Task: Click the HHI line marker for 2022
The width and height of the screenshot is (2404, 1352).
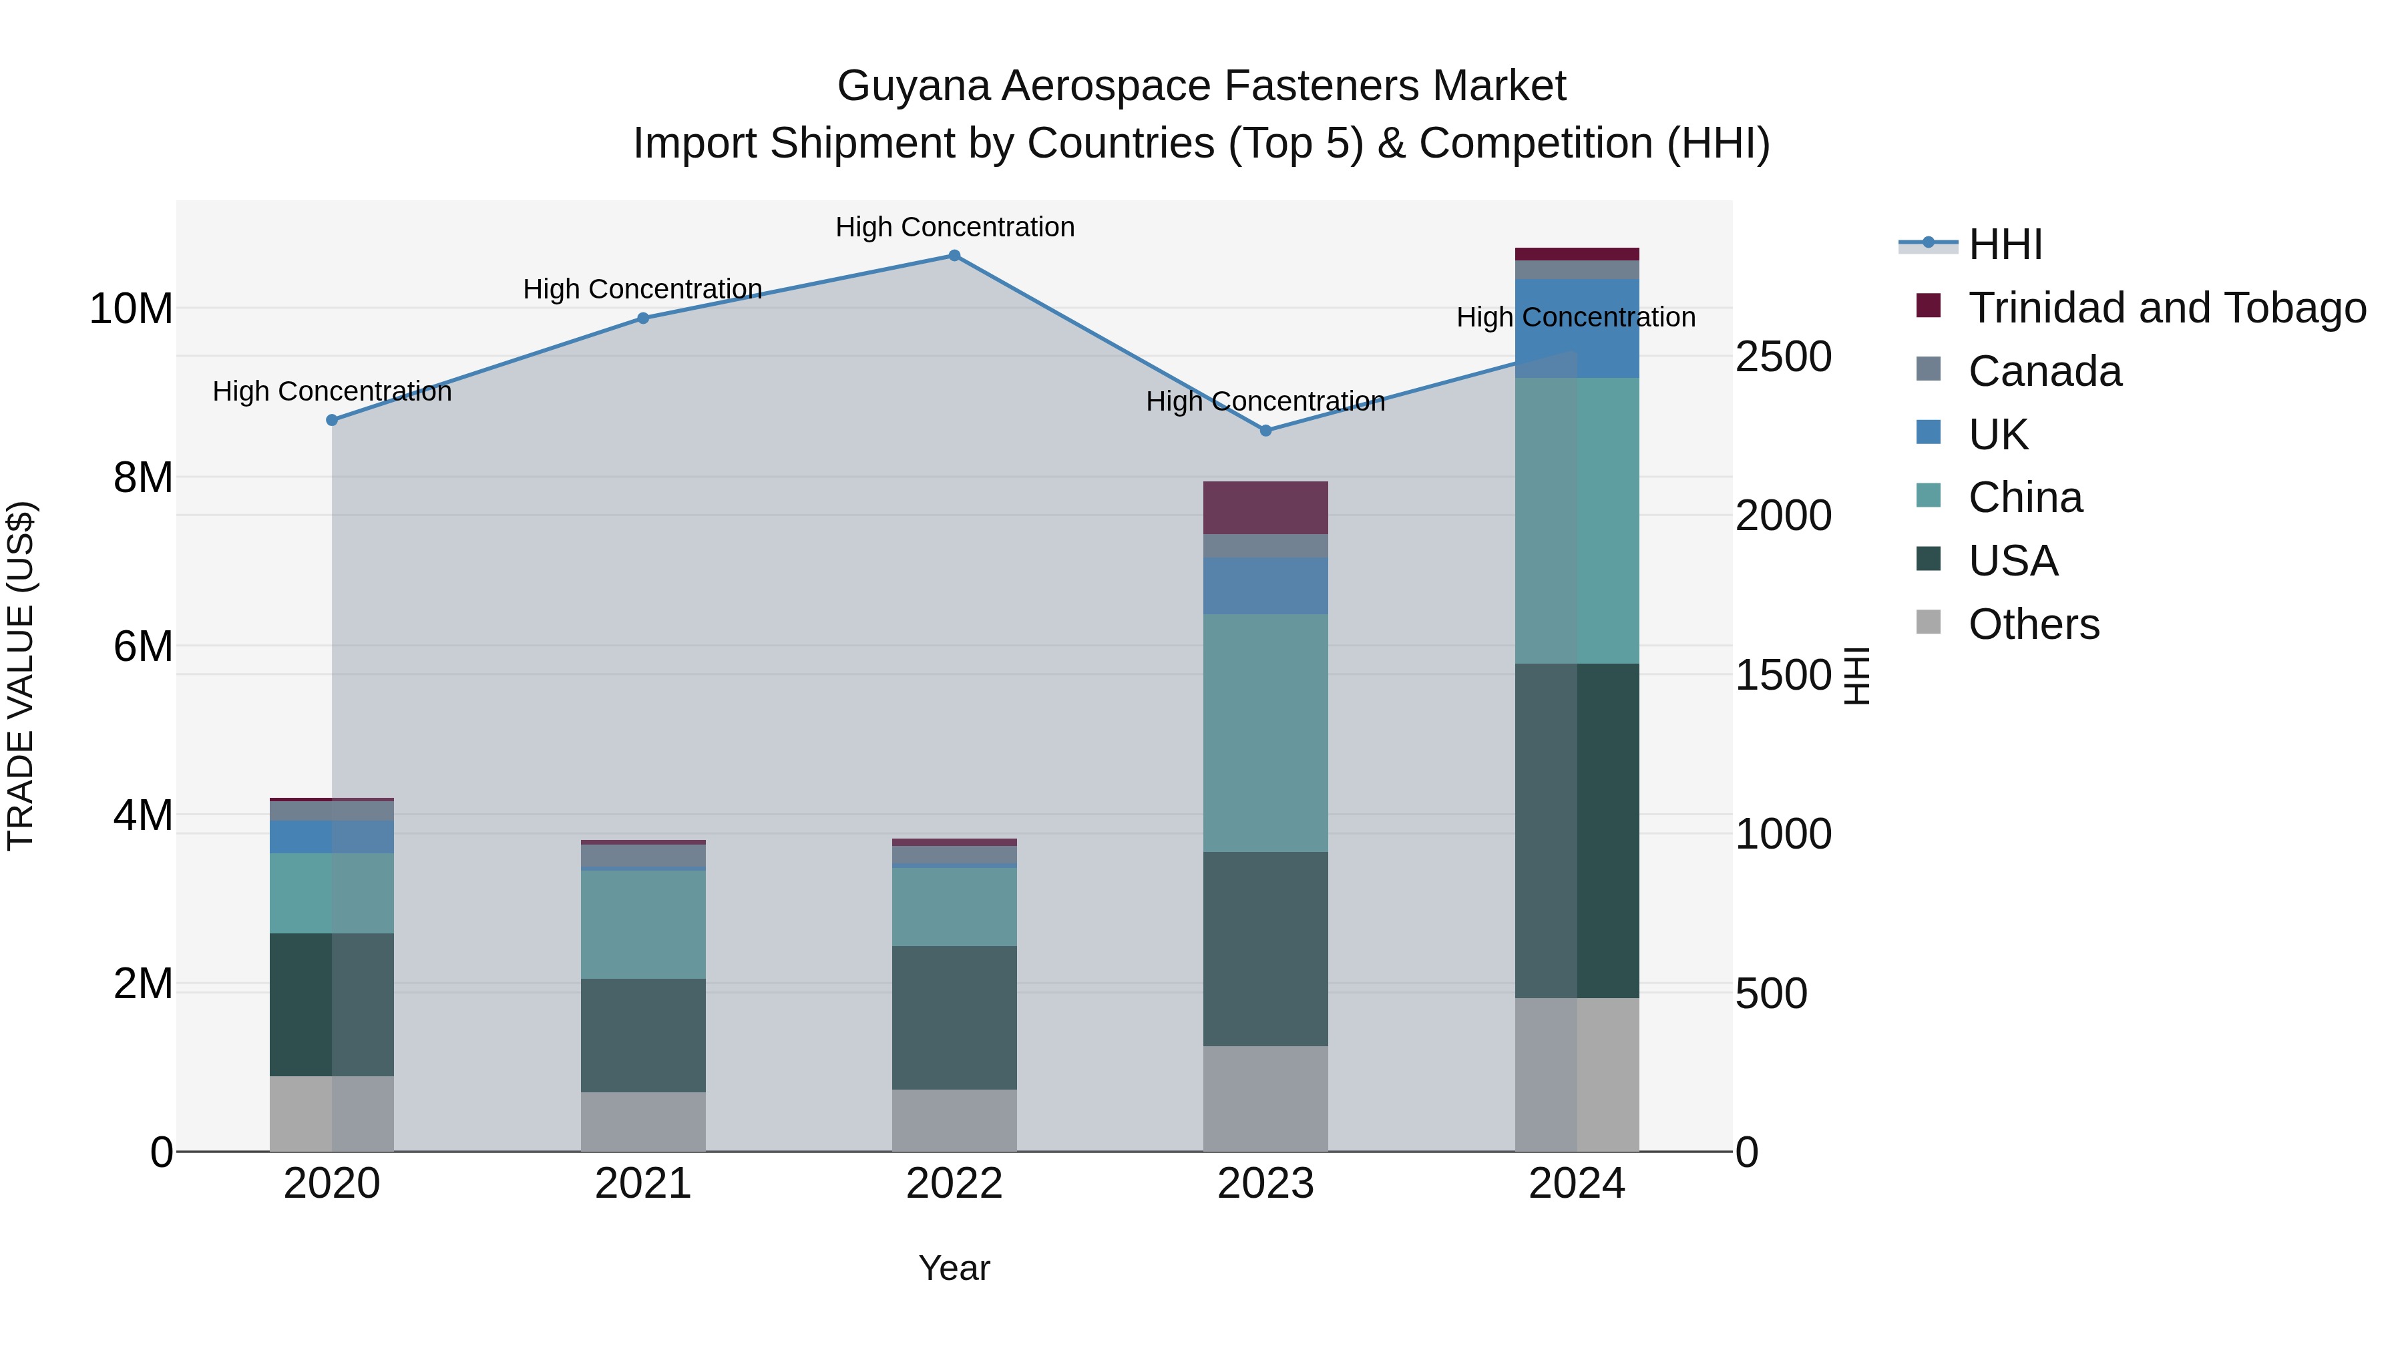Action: [954, 256]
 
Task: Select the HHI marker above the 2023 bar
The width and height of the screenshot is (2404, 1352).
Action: [1265, 431]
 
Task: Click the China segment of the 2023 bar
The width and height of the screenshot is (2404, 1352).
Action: [1265, 732]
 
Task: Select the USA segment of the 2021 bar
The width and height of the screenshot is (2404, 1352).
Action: [643, 1035]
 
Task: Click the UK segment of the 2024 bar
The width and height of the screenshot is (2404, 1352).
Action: [1577, 328]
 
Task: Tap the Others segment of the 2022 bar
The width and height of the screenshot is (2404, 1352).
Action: [954, 1120]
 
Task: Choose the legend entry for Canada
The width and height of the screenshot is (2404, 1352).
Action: [2044, 371]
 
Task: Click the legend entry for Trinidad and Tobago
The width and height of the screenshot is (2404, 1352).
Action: [2165, 308]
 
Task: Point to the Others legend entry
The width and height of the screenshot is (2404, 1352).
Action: [2033, 624]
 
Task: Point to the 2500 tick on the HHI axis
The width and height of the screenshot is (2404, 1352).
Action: [1782, 357]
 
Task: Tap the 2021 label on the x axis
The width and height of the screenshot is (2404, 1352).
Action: [643, 1184]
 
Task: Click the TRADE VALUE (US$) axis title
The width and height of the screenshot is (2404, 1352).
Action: [21, 676]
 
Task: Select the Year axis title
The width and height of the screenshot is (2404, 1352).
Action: [954, 1268]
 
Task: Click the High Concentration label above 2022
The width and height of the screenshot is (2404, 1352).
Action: [954, 227]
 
